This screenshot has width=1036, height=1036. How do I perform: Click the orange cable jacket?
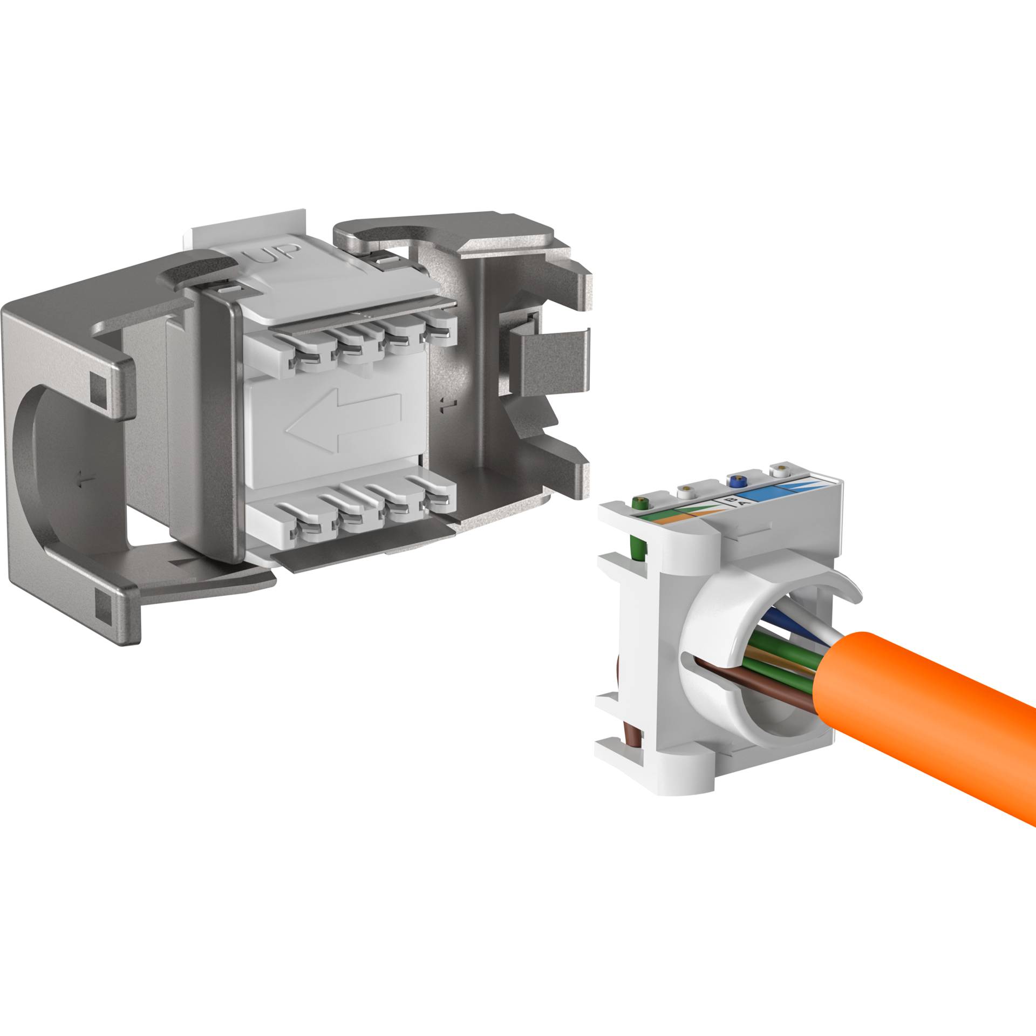pos(917,712)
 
